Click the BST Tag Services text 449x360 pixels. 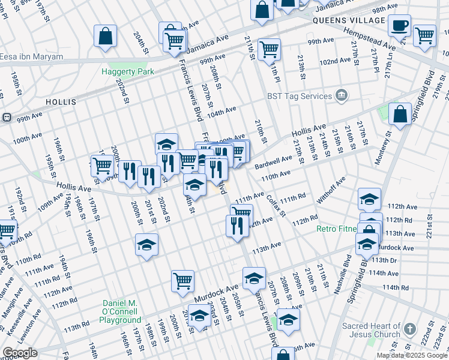pos(300,96)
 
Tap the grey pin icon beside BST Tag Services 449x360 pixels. pos(341,95)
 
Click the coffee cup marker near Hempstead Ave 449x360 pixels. pos(399,25)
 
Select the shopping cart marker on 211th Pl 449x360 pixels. pos(270,48)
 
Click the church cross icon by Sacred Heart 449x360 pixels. pos(409,329)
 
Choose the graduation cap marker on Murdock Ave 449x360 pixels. pos(254,278)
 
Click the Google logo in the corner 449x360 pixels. pos(19,353)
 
